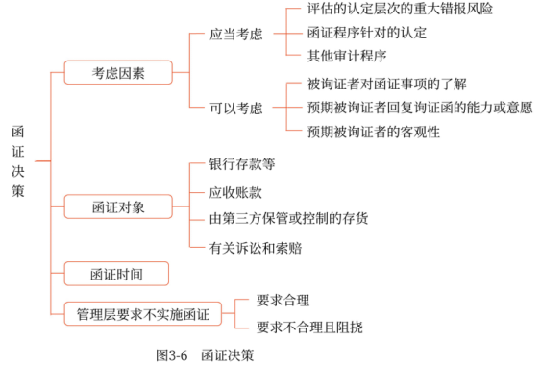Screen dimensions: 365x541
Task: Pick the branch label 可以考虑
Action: click(x=236, y=108)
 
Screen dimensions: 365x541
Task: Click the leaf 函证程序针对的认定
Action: click(x=367, y=33)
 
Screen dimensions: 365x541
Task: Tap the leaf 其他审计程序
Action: click(x=345, y=56)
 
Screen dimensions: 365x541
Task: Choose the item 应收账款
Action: click(x=241, y=191)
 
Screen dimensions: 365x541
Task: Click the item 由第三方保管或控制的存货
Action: click(x=288, y=218)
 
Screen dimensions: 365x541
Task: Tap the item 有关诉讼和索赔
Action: click(x=255, y=247)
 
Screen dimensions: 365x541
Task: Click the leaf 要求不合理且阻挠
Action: click(x=309, y=327)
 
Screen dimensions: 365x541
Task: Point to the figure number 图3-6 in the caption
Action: click(x=172, y=354)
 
